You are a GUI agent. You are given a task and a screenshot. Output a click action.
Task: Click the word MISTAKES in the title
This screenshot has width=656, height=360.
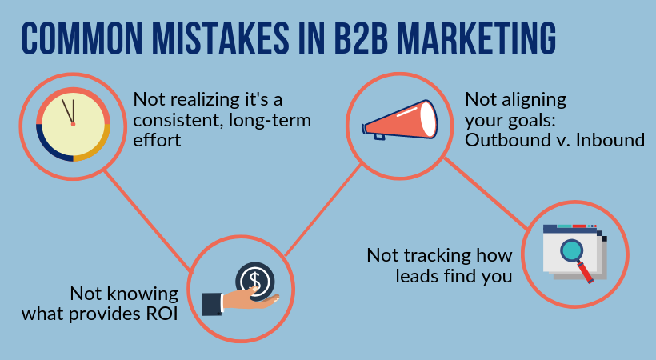[220, 38]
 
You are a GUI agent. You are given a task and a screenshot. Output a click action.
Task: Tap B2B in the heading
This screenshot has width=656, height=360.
[362, 38]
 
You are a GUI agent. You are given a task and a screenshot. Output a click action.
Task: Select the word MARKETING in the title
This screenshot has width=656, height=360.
[477, 38]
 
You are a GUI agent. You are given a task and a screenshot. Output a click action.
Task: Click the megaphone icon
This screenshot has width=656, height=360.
[399, 120]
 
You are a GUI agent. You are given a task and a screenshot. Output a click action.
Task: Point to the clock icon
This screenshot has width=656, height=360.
[74, 124]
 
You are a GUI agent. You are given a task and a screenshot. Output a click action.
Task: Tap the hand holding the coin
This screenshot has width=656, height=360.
[241, 303]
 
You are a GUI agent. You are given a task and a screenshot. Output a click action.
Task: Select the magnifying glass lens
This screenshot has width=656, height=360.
[571, 250]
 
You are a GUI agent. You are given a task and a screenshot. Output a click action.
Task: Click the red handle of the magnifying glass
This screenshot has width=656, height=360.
[586, 272]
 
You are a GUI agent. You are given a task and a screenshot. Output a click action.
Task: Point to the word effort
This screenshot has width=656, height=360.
[157, 140]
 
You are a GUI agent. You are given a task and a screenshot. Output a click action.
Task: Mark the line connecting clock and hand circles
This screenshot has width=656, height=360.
[146, 221]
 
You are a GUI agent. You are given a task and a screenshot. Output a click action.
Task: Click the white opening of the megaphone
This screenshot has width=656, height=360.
[428, 120]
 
